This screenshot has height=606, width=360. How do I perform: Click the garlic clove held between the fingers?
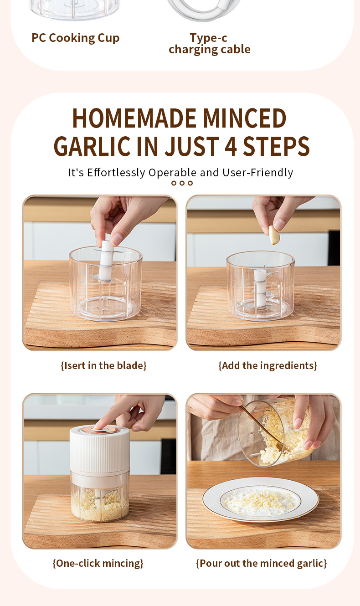pos(274,235)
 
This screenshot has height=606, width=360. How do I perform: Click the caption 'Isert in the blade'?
pos(103,365)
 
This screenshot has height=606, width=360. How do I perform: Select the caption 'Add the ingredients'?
pos(267,365)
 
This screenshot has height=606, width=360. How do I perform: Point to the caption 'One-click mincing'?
pos(98,563)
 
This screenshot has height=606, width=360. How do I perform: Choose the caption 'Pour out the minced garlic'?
pos(262,563)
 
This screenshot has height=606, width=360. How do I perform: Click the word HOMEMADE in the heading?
pos(134,118)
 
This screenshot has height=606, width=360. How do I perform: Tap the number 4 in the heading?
pos(231,146)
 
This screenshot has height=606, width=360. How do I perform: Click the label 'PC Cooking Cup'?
pos(76,38)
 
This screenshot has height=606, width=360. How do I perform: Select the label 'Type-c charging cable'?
pos(210,44)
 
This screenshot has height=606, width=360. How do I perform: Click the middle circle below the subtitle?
pos(182,183)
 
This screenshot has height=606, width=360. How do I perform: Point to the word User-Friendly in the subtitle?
pos(258,173)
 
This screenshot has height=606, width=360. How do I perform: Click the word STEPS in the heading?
pos(277,146)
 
